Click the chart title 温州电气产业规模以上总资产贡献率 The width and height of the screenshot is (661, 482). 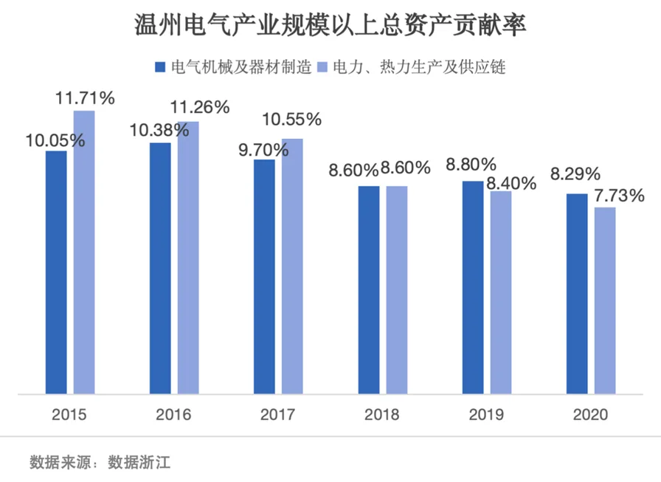[x=330, y=24]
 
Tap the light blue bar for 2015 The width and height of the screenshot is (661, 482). [x=83, y=252]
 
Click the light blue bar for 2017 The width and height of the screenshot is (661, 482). [x=292, y=266]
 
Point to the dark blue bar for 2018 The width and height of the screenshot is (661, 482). [x=369, y=289]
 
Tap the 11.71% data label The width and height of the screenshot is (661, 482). [x=86, y=97]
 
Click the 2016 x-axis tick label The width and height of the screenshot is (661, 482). [x=173, y=415]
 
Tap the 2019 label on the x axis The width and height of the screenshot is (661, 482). [x=486, y=415]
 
